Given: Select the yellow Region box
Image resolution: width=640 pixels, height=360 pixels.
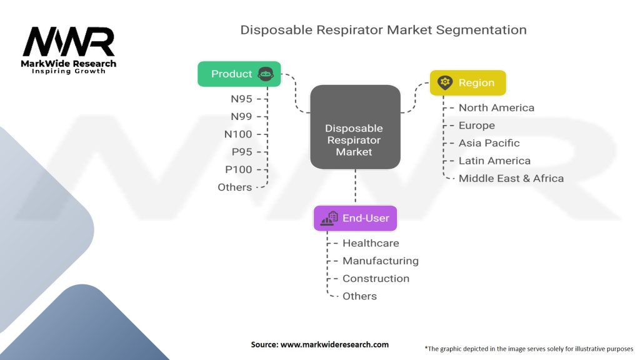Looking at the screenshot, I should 467,82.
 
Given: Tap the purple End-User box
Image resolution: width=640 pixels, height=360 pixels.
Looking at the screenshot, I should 355,218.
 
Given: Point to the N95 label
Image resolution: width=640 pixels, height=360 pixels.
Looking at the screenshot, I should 241,99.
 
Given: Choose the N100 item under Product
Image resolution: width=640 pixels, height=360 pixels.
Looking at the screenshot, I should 237,134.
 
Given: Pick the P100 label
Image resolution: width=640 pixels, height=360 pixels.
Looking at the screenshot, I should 238,169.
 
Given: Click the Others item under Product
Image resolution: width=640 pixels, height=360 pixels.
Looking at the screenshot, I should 234,187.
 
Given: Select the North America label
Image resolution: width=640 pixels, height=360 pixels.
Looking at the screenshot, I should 496,107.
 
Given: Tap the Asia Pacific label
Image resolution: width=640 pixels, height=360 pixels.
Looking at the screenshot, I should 489,142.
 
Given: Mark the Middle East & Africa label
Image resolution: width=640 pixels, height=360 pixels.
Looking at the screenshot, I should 511,178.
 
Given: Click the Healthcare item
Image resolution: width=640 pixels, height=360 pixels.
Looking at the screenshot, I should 371,243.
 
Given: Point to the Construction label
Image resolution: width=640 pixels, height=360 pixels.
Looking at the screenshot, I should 376,278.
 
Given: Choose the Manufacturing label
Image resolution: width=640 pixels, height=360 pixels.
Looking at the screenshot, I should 380,261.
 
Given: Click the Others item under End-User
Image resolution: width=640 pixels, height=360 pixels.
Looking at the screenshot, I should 359,296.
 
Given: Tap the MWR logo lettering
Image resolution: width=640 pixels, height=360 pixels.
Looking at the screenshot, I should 69,42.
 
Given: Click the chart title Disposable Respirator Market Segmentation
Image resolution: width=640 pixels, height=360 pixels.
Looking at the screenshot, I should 383,29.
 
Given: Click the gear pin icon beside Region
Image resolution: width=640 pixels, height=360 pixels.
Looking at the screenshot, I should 445,82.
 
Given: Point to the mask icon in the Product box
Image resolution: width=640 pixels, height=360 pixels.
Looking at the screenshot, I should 266,74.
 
